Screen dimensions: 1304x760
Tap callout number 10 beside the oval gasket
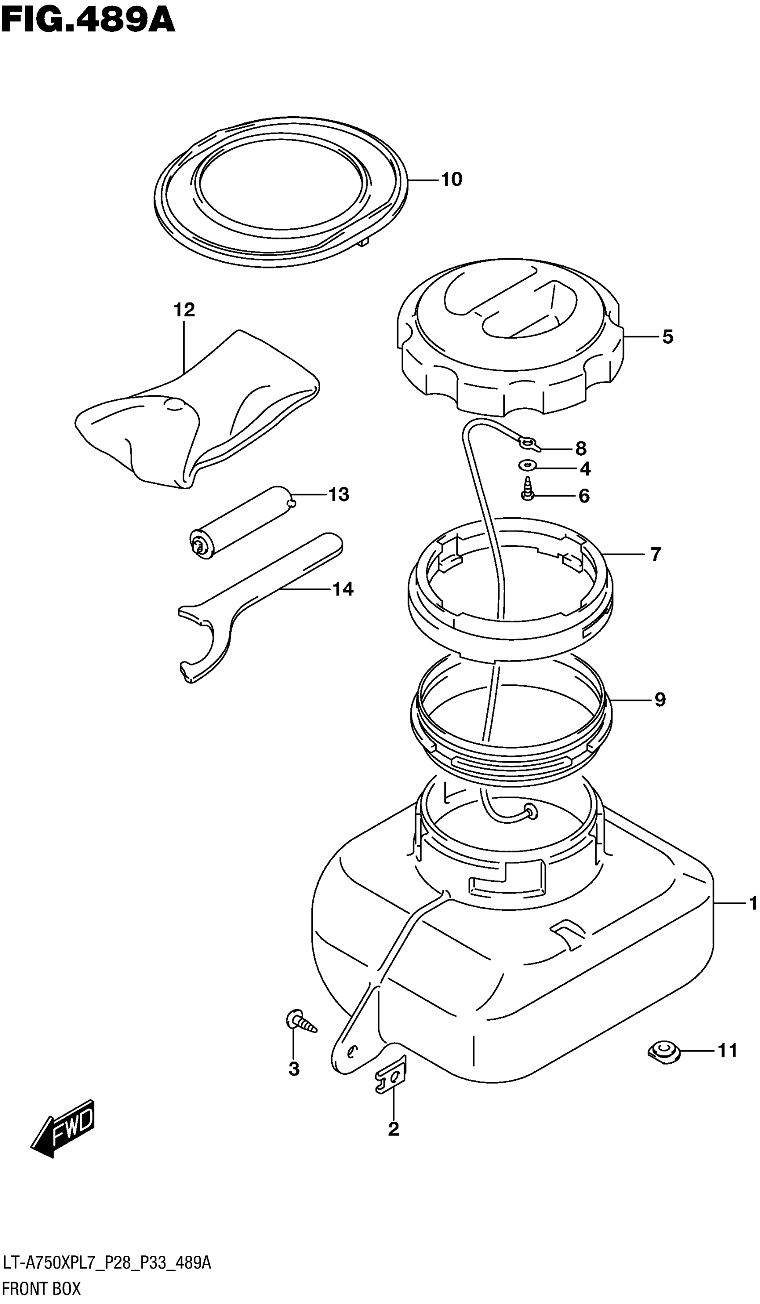coord(451,180)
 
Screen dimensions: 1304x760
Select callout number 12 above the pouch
coord(184,310)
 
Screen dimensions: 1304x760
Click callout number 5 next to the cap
coord(667,337)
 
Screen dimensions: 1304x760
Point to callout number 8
coord(580,448)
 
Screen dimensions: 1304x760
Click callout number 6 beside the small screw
coord(583,496)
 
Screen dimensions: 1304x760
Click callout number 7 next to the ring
coord(655,555)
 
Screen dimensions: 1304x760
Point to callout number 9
coord(659,700)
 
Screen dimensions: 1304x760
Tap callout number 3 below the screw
coord(294,1069)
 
